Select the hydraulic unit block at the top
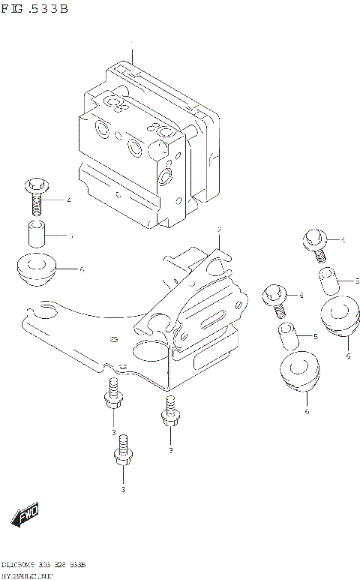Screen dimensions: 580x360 [146, 143]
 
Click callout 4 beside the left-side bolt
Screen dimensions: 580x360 [68, 200]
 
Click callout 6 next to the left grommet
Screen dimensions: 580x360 [81, 269]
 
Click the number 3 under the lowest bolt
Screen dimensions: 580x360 [123, 489]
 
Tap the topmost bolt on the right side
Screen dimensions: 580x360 [314, 242]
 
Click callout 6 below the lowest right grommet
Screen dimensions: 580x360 [307, 411]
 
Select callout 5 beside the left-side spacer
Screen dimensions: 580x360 [70, 236]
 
